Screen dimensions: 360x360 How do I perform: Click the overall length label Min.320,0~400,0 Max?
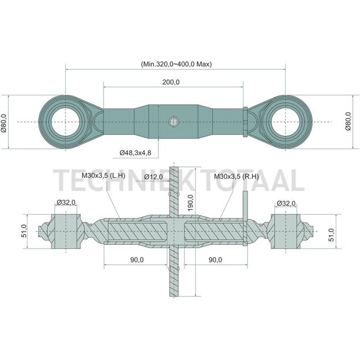(x=176, y=64)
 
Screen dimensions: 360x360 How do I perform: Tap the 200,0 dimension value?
(x=171, y=82)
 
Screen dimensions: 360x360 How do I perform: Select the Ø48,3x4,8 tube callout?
(x=136, y=153)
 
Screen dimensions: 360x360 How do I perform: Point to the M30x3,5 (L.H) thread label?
(x=104, y=176)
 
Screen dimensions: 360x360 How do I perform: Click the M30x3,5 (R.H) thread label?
(x=236, y=176)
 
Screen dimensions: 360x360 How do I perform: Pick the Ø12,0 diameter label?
(x=153, y=177)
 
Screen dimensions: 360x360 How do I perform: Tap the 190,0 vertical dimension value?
(x=191, y=203)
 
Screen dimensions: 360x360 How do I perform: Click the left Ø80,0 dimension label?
(x=4, y=124)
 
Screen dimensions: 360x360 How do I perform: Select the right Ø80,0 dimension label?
(x=348, y=121)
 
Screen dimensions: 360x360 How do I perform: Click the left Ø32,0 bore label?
(x=66, y=203)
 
